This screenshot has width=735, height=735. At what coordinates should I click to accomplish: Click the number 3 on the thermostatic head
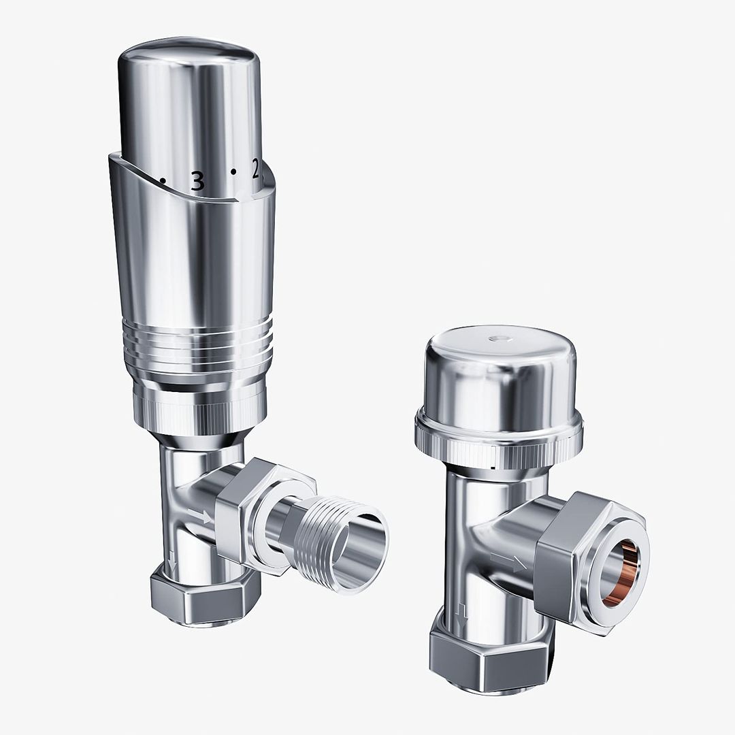[197, 181]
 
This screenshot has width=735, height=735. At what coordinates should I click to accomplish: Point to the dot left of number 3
[163, 181]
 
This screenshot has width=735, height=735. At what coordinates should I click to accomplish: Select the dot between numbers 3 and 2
[233, 171]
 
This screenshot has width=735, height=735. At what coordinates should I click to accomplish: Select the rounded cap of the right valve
[500, 374]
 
